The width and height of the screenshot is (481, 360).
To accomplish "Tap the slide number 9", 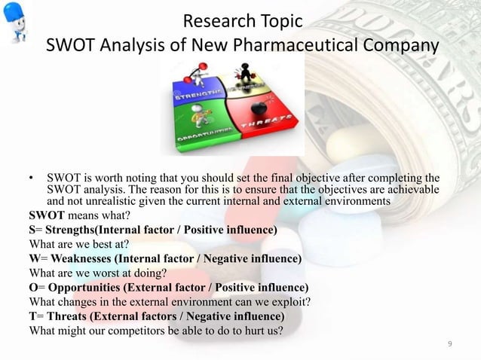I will pos(450,344).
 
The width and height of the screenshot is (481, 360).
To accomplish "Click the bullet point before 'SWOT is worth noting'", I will pos(31,178).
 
